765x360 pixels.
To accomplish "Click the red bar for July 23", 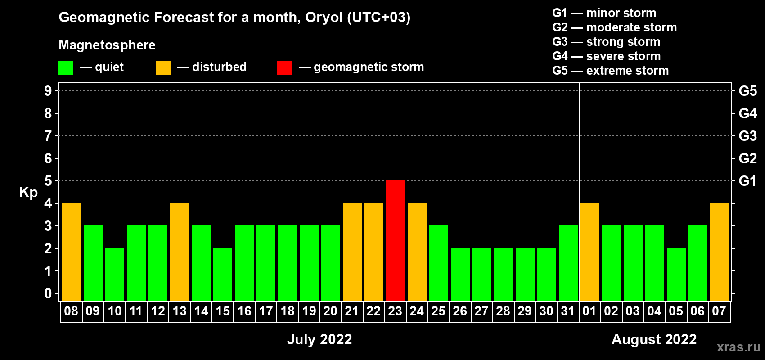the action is pos(396,240).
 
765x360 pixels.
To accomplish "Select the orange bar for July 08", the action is pos(72,252).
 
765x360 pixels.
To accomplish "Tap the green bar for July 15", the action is pos(223,274).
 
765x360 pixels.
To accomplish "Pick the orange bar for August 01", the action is pos(590,252).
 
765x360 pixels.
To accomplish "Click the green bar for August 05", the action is pos(676,274).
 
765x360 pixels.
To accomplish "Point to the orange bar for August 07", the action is pos(720,252).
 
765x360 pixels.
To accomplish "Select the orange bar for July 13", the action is pos(180,252).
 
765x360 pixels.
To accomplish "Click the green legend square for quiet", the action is pos(66,67).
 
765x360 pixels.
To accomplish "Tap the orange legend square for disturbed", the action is pos(163,67).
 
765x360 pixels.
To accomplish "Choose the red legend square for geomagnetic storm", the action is pos(284,67).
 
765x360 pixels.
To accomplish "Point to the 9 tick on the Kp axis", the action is pos(48,91).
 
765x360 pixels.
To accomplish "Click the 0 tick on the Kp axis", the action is pos(48,293).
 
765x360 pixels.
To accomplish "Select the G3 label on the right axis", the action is pos(747,136).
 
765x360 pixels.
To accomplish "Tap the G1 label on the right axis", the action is pos(747,181).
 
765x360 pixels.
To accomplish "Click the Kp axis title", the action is pos(28,193).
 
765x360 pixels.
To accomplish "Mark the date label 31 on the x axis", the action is pos(568,311).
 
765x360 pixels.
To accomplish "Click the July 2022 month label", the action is pos(319,339).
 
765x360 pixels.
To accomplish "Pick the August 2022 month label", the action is pos(654,339).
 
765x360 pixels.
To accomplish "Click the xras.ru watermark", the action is pos(739,347).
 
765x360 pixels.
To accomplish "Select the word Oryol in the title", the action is pos(324,18).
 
